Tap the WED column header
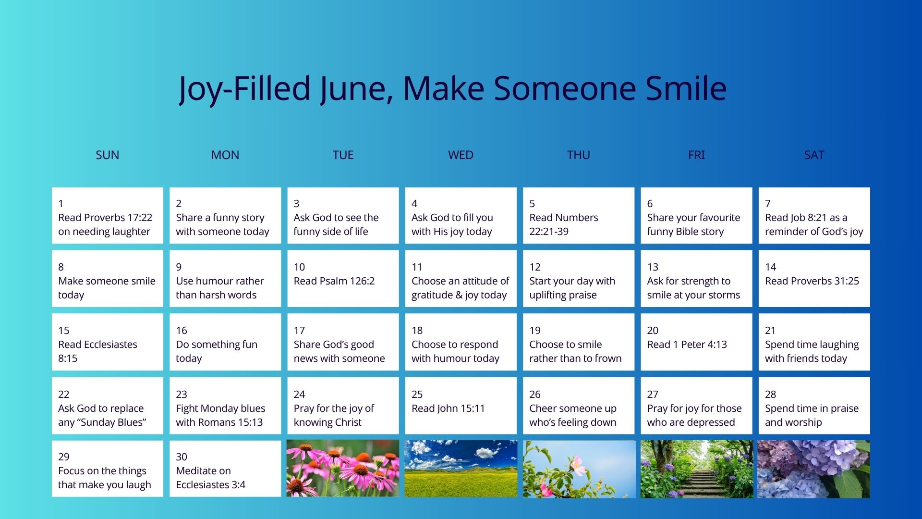[461, 155]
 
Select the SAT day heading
[814, 155]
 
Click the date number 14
[770, 267]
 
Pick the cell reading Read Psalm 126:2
[343, 278]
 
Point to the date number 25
[417, 394]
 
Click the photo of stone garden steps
[696, 469]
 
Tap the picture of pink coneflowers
[343, 469]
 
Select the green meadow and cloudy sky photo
[461, 469]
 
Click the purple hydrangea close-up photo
[814, 469]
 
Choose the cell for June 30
[225, 469]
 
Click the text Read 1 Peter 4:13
[687, 345]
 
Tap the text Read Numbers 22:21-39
[564, 224]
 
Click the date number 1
[61, 203]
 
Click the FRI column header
[696, 155]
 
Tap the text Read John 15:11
[448, 408]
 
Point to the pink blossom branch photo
[579, 469]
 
